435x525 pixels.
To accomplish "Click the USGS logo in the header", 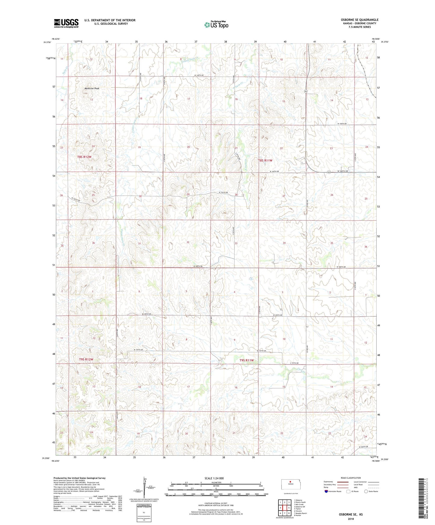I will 66,23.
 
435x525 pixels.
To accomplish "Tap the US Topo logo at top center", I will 216,24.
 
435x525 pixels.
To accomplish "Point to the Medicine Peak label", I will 92,88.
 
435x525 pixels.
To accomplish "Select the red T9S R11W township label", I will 247,360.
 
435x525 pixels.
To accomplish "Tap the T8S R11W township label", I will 265,161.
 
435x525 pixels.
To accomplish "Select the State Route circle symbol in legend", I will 366,492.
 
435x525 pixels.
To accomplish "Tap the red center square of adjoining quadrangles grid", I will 284,508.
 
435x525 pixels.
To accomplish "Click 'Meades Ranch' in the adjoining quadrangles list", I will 302,513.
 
